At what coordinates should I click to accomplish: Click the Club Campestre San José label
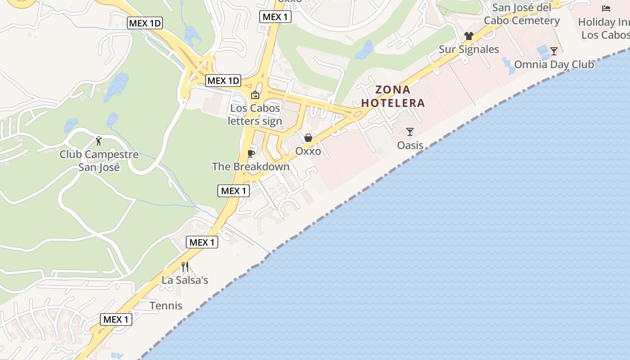[99, 161]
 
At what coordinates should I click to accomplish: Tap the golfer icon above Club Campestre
[99, 141]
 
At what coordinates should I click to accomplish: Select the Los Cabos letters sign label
[255, 114]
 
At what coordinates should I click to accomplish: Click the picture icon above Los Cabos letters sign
[255, 95]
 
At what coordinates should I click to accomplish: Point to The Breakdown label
[251, 166]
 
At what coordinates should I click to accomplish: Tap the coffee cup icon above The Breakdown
[251, 154]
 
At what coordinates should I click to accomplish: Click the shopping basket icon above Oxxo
[308, 138]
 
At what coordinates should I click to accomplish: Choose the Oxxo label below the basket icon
[308, 151]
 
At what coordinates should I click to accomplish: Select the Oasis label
[410, 145]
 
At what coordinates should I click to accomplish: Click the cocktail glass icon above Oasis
[410, 132]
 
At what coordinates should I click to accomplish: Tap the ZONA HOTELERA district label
[393, 96]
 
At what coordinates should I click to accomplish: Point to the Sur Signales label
[469, 49]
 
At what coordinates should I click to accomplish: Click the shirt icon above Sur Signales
[469, 36]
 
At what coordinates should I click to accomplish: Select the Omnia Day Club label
[554, 64]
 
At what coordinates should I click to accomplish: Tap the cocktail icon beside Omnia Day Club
[554, 51]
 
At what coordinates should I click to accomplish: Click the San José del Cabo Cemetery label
[522, 14]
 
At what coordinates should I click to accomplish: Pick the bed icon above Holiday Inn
[606, 9]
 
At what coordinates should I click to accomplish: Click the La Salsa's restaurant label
[185, 280]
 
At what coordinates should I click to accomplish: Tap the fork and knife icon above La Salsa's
[185, 267]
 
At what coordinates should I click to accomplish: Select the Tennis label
[166, 306]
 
